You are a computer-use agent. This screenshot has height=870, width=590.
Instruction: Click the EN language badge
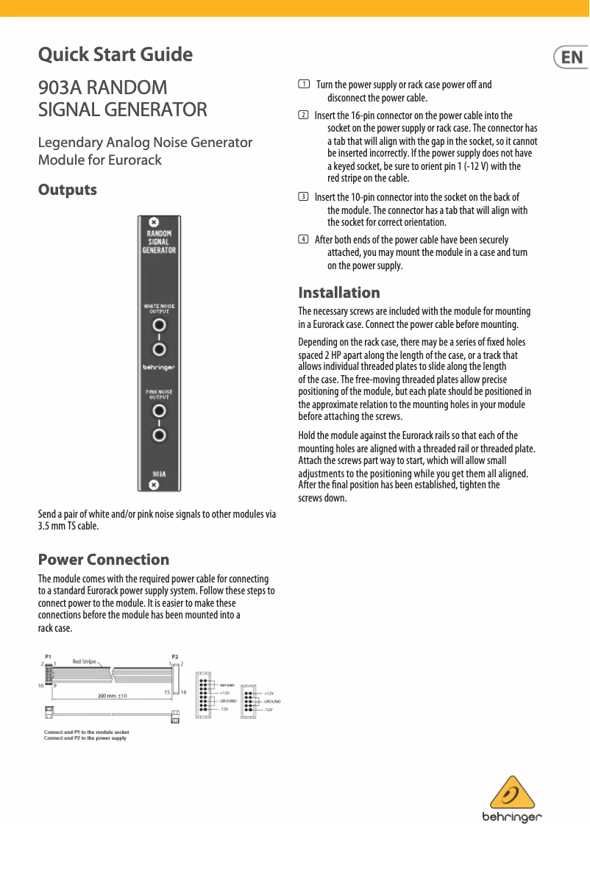pyautogui.click(x=571, y=57)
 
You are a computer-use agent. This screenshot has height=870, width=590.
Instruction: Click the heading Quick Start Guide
pyautogui.click(x=115, y=54)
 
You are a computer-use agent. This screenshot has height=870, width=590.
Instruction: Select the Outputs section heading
pyautogui.click(x=67, y=190)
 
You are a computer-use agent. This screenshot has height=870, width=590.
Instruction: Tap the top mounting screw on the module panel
pyautogui.click(x=153, y=223)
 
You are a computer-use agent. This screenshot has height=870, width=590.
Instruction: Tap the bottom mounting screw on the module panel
pyautogui.click(x=153, y=485)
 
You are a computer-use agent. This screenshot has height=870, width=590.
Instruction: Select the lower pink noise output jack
pyautogui.click(x=159, y=435)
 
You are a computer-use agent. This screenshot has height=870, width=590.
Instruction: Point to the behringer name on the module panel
pyautogui.click(x=158, y=366)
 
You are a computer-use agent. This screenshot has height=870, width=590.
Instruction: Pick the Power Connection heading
pyautogui.click(x=103, y=560)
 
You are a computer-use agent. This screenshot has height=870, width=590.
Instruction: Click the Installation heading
pyautogui.click(x=339, y=293)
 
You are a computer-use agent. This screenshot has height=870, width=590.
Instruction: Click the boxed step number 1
pyautogui.click(x=303, y=85)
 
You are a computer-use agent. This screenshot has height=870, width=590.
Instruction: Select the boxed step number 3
pyautogui.click(x=303, y=197)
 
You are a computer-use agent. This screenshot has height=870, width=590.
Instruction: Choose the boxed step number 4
pyautogui.click(x=303, y=240)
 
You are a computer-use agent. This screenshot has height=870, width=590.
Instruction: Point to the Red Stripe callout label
pyautogui.click(x=85, y=661)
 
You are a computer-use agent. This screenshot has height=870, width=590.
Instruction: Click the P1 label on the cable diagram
pyautogui.click(x=49, y=655)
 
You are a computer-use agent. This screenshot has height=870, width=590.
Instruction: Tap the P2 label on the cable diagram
pyautogui.click(x=175, y=655)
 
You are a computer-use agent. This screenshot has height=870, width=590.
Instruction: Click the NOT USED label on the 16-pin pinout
pyautogui.click(x=227, y=684)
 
